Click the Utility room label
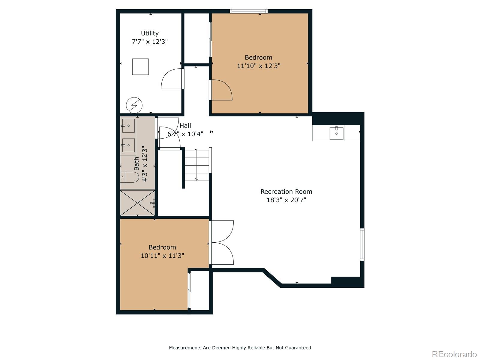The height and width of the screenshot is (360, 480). [150, 33]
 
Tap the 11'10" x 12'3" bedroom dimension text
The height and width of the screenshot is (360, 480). [259, 66]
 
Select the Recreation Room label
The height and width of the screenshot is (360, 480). [286, 192]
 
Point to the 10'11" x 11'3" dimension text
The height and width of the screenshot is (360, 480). [162, 256]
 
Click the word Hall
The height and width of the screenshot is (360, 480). [185, 126]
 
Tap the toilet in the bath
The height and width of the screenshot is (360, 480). [130, 177]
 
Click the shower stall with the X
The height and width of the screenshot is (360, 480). [137, 203]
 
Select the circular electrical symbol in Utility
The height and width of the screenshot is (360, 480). [134, 105]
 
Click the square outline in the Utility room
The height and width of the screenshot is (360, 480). [140, 67]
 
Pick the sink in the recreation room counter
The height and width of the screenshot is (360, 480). [336, 133]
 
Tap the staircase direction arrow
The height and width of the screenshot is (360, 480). [196, 165]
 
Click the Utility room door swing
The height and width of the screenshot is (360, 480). [172, 79]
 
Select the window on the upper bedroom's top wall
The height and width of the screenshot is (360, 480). [249, 11]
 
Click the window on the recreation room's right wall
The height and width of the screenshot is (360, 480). [362, 244]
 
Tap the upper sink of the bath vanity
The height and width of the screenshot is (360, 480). [128, 126]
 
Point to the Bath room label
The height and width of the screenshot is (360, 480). [136, 163]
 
